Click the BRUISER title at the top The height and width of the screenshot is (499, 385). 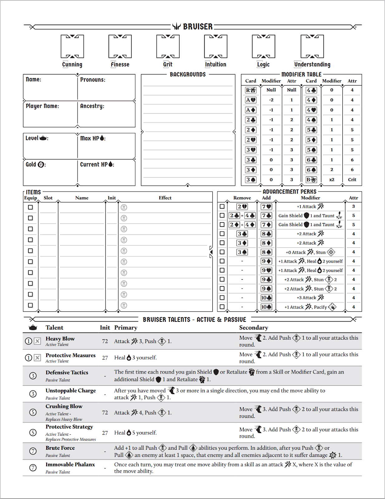[197, 27]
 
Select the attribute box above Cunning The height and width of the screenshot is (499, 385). [72, 46]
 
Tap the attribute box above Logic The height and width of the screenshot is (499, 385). [263, 46]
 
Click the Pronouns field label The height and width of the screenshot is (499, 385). [93, 80]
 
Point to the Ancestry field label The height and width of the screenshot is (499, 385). [92, 106]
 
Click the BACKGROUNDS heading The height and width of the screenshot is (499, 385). [188, 75]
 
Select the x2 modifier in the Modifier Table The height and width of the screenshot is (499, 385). [331, 180]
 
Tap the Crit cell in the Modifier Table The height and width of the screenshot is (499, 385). [352, 180]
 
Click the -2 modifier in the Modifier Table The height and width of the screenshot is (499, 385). [271, 100]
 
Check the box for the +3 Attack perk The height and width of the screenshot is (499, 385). [222, 298]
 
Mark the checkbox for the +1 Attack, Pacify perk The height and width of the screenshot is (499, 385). [222, 307]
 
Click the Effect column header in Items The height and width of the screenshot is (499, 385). [165, 198]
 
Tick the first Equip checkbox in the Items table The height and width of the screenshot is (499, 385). [30, 207]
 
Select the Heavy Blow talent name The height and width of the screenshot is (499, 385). [60, 339]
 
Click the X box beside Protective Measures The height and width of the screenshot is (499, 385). [37, 358]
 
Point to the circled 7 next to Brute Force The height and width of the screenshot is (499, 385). [33, 451]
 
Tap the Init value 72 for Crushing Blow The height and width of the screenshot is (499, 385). [105, 413]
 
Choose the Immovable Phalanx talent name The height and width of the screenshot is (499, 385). [70, 464]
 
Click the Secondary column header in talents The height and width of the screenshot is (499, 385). [253, 327]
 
